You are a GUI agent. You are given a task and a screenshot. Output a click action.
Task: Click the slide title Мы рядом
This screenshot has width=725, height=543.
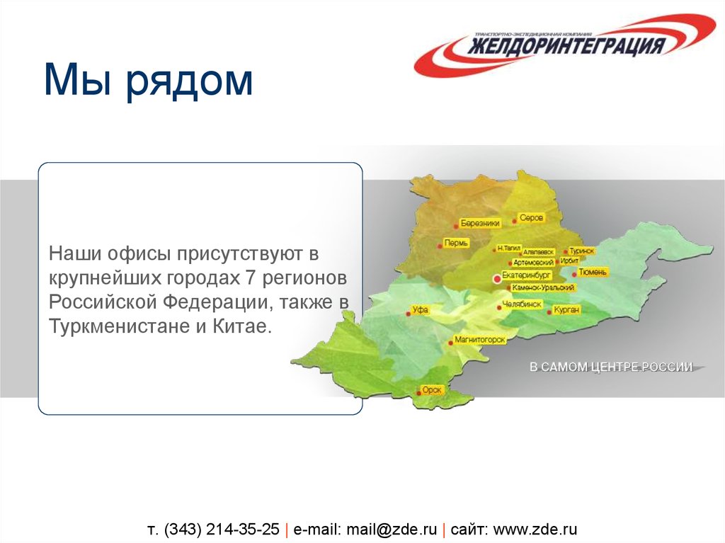[x=148, y=79]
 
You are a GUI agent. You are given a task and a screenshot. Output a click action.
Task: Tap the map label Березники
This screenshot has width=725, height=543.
[x=481, y=223]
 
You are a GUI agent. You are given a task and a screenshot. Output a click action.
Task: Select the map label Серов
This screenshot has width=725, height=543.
[x=531, y=219]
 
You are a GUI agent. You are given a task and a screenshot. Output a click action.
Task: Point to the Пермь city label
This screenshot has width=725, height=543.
[x=454, y=244]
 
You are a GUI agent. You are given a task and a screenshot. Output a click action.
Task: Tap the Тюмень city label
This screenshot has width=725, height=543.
[x=593, y=272]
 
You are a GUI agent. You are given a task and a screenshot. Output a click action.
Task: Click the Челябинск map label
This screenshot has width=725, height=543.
[x=522, y=304]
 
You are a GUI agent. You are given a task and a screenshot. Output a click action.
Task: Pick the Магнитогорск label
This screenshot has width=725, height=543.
[x=479, y=341]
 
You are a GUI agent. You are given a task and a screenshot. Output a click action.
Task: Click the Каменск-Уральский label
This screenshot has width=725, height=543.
[x=542, y=288]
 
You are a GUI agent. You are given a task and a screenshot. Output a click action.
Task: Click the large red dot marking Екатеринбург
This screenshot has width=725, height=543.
[x=497, y=280]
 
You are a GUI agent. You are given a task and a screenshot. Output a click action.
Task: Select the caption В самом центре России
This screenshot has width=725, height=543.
[x=611, y=367]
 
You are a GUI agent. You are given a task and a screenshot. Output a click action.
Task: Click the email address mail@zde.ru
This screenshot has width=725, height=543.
[x=387, y=529]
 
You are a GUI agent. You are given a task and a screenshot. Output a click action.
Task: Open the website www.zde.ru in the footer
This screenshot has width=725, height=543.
[x=535, y=529]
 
